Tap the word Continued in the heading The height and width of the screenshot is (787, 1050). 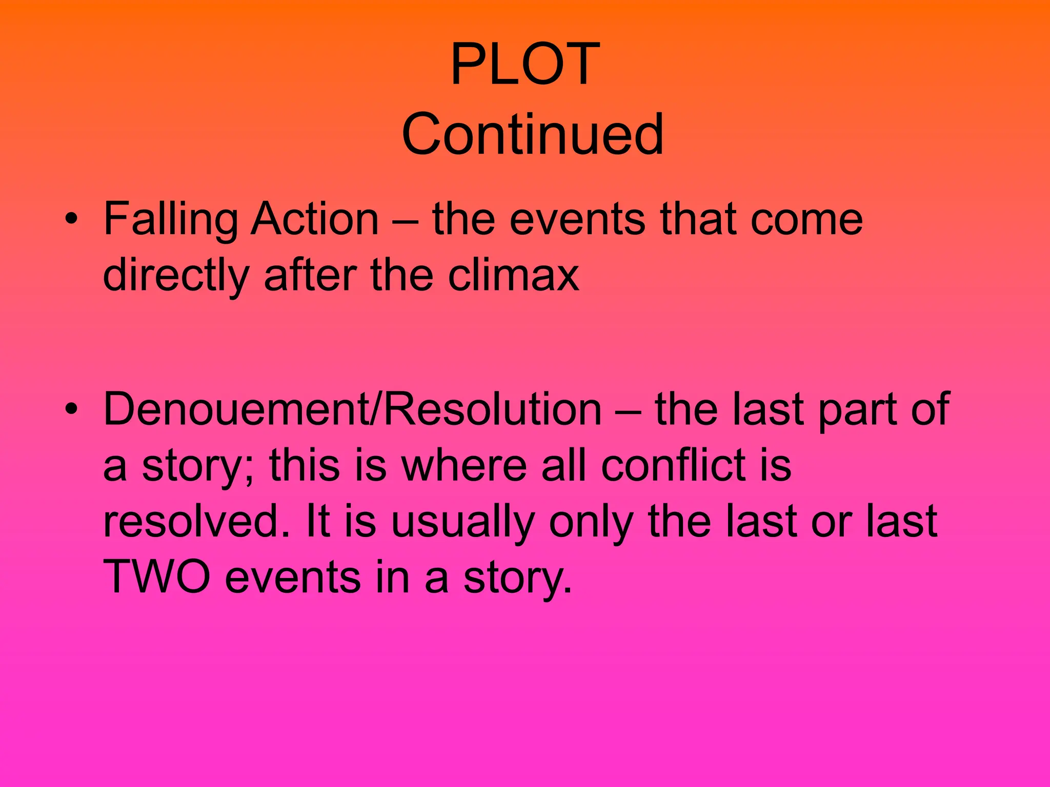533,134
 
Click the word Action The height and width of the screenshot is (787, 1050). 315,219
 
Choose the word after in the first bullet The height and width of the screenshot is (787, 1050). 311,275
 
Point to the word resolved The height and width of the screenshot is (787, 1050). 191,521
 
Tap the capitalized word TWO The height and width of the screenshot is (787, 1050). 157,577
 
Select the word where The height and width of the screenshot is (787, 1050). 463,465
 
